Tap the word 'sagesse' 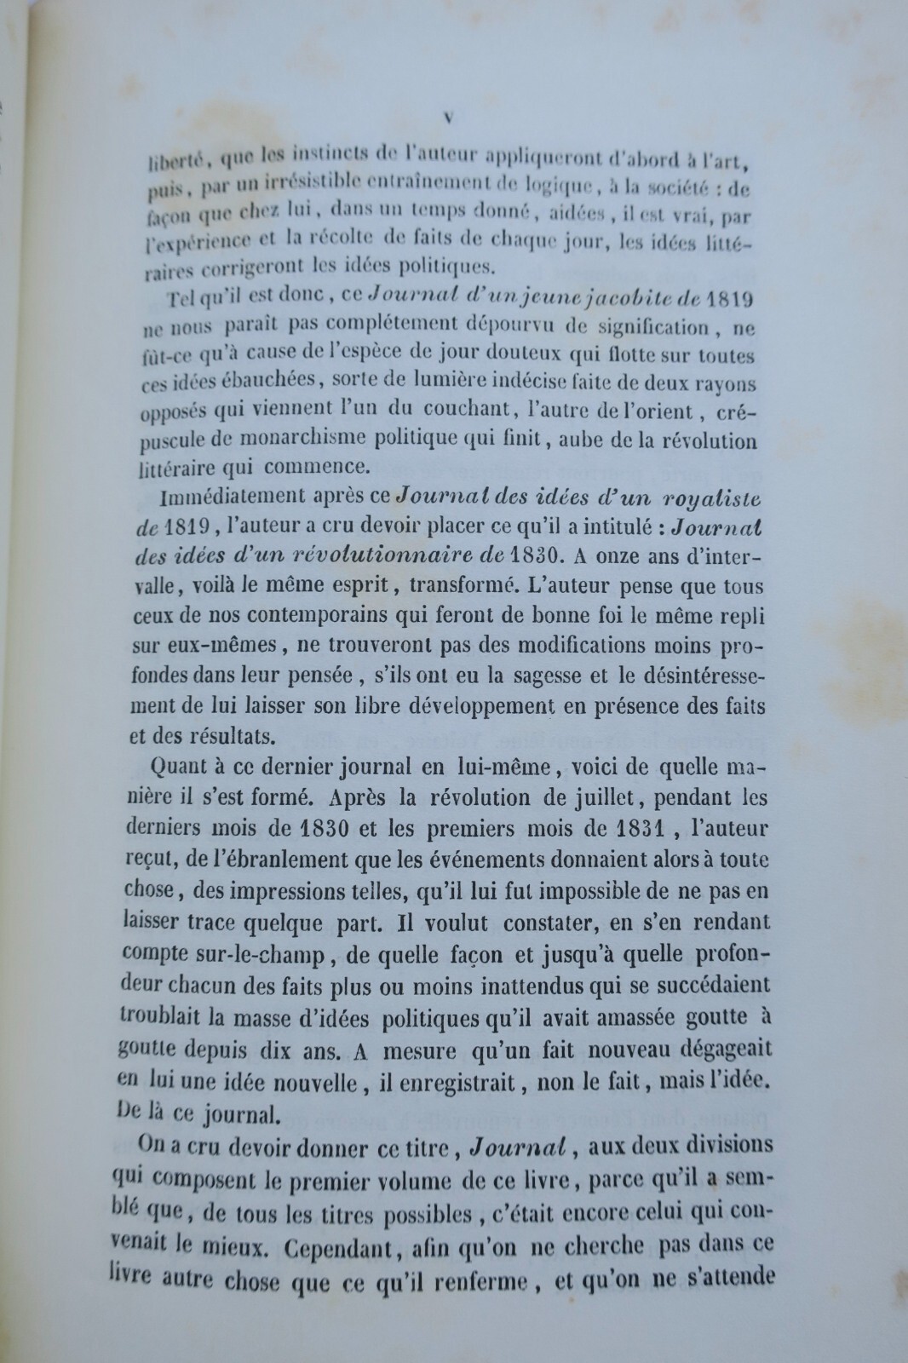tap(543, 676)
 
